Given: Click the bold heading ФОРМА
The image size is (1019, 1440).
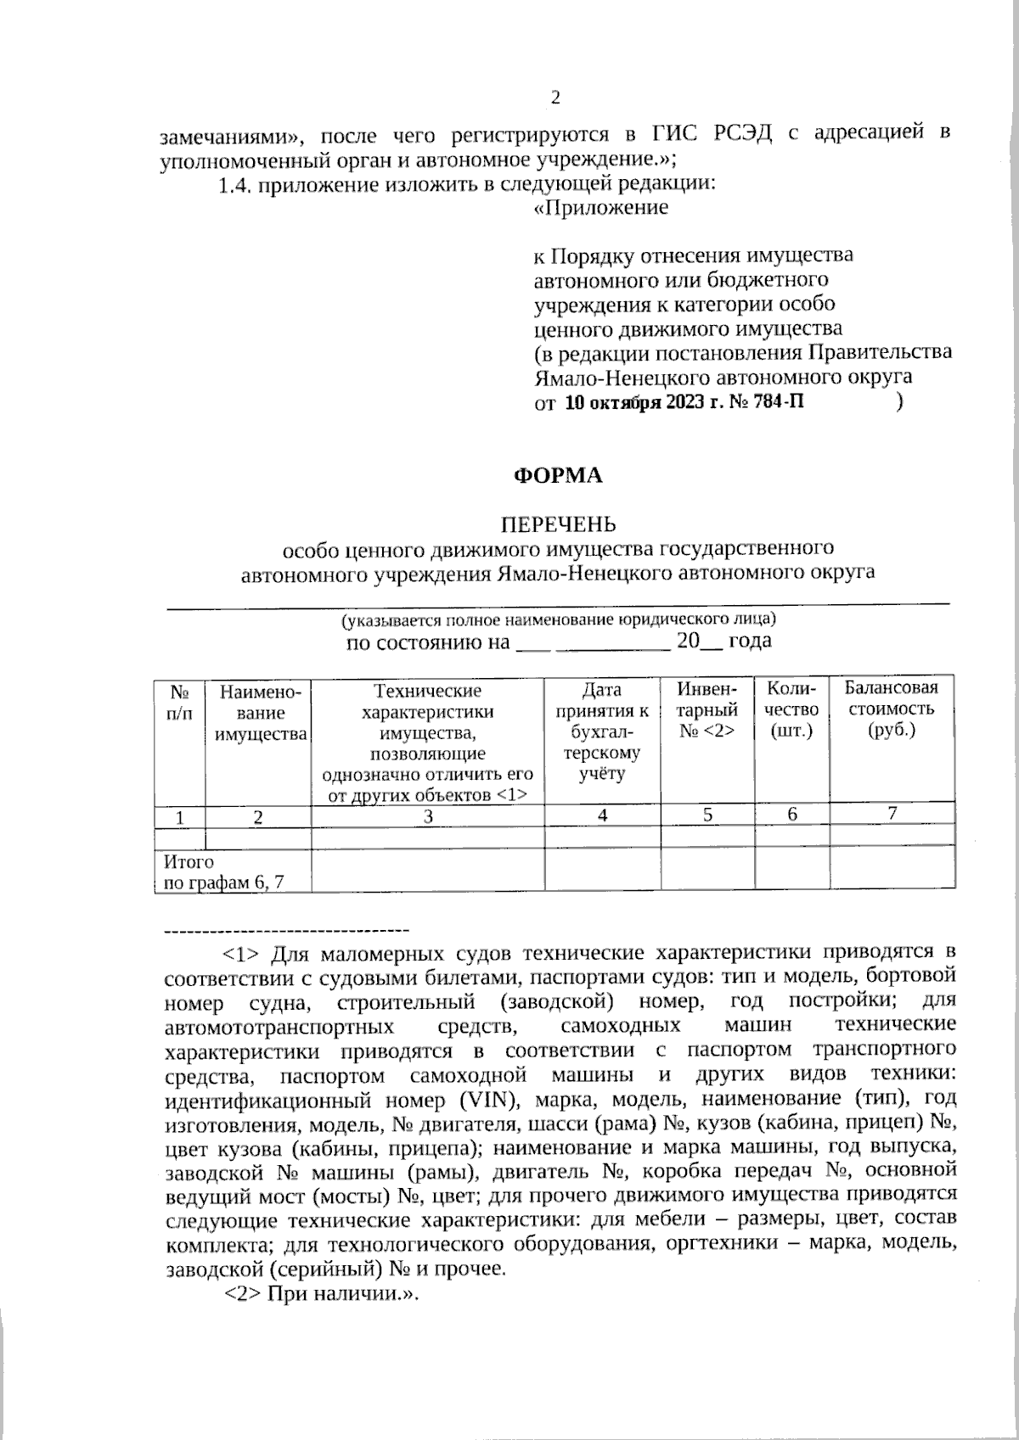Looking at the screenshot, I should point(557,476).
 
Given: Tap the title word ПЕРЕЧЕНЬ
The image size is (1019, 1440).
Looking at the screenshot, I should point(557,524).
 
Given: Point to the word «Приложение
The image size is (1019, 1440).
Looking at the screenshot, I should point(600,207).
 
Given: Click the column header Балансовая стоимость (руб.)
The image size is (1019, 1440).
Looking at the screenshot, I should point(891,709).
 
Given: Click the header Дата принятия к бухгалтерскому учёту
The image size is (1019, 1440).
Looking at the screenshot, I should point(602,731).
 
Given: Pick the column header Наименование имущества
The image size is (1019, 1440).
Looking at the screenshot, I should point(260,713).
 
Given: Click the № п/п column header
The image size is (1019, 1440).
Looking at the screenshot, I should point(179,703).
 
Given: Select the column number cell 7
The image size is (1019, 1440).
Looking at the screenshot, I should point(892,813).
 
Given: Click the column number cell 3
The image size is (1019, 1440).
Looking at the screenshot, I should point(428,816).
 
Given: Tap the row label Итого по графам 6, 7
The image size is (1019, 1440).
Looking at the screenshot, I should point(223,872).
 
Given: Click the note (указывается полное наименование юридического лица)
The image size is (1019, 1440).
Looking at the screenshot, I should point(557,619).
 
